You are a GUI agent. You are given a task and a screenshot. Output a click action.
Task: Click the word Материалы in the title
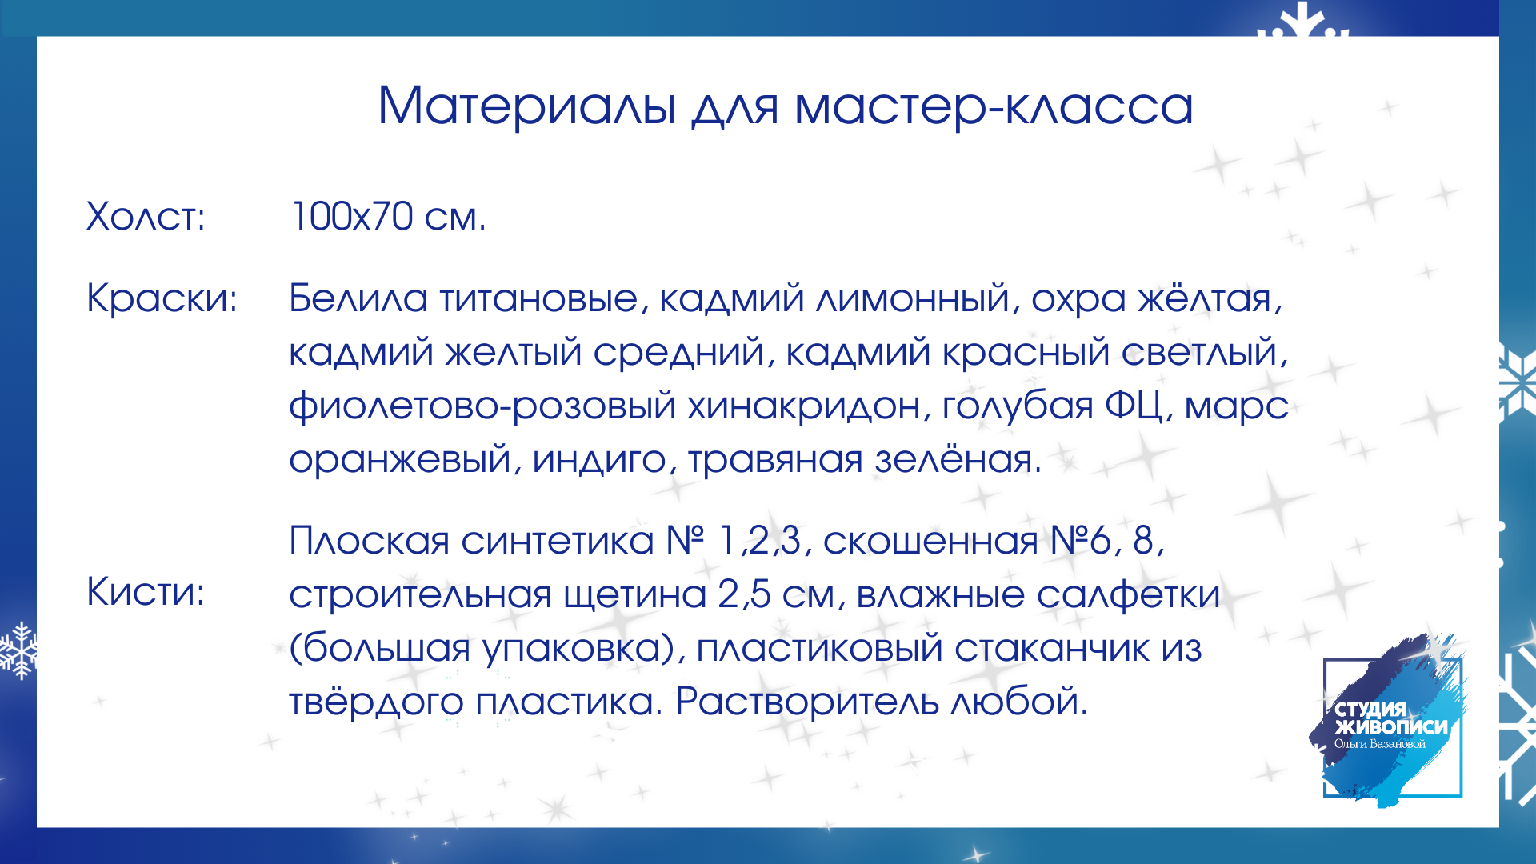point(527,106)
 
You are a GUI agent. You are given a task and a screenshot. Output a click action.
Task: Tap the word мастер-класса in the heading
point(994,107)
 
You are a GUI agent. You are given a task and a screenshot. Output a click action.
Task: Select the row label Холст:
point(146,217)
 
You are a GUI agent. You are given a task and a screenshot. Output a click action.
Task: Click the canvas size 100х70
point(352,217)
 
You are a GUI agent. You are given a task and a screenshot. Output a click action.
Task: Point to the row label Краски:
point(162,298)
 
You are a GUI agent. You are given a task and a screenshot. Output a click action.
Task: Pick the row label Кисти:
point(145,592)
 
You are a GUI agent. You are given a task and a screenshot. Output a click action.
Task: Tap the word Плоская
point(370,542)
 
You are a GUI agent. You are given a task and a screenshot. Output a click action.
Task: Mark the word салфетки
point(1129,595)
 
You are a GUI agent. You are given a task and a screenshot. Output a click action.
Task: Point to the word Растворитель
point(807,702)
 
